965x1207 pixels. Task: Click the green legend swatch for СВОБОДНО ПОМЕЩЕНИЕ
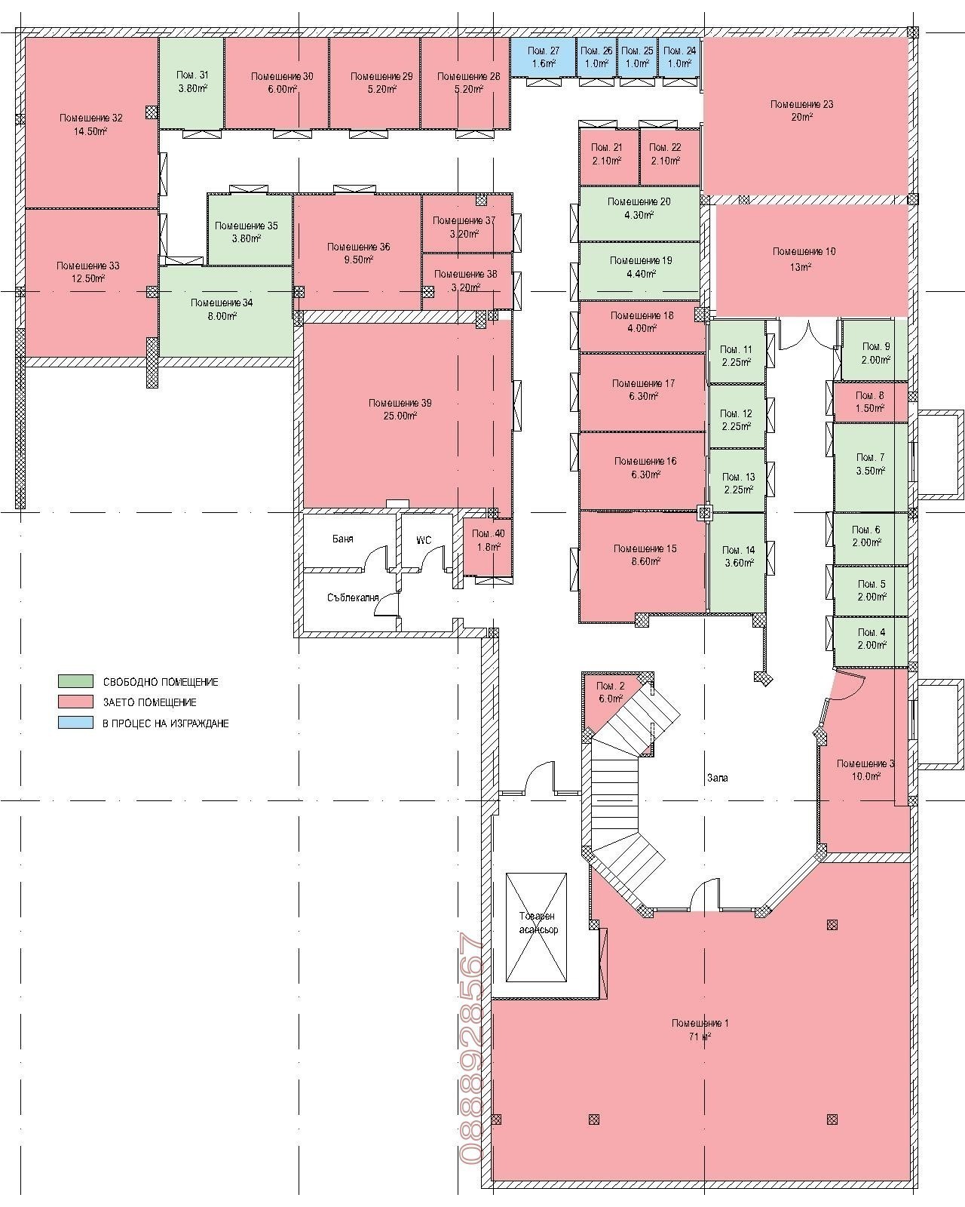(75, 681)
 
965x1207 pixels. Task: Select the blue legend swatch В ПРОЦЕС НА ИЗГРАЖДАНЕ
(75, 722)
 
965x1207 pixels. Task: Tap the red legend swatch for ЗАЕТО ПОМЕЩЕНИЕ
(75, 701)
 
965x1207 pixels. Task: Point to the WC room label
(424, 540)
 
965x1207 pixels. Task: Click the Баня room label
(343, 539)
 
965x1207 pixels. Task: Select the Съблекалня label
(353, 598)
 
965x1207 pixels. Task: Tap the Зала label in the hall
(717, 778)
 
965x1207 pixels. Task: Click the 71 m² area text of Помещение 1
(700, 1037)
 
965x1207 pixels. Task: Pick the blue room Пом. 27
(543, 57)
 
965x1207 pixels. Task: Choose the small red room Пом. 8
(870, 402)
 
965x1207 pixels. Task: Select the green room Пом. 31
(191, 83)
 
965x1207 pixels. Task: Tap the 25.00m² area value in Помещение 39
(400, 416)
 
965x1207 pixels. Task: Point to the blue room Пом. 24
(679, 57)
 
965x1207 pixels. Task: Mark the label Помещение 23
(801, 104)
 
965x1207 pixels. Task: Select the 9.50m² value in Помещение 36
(358, 260)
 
